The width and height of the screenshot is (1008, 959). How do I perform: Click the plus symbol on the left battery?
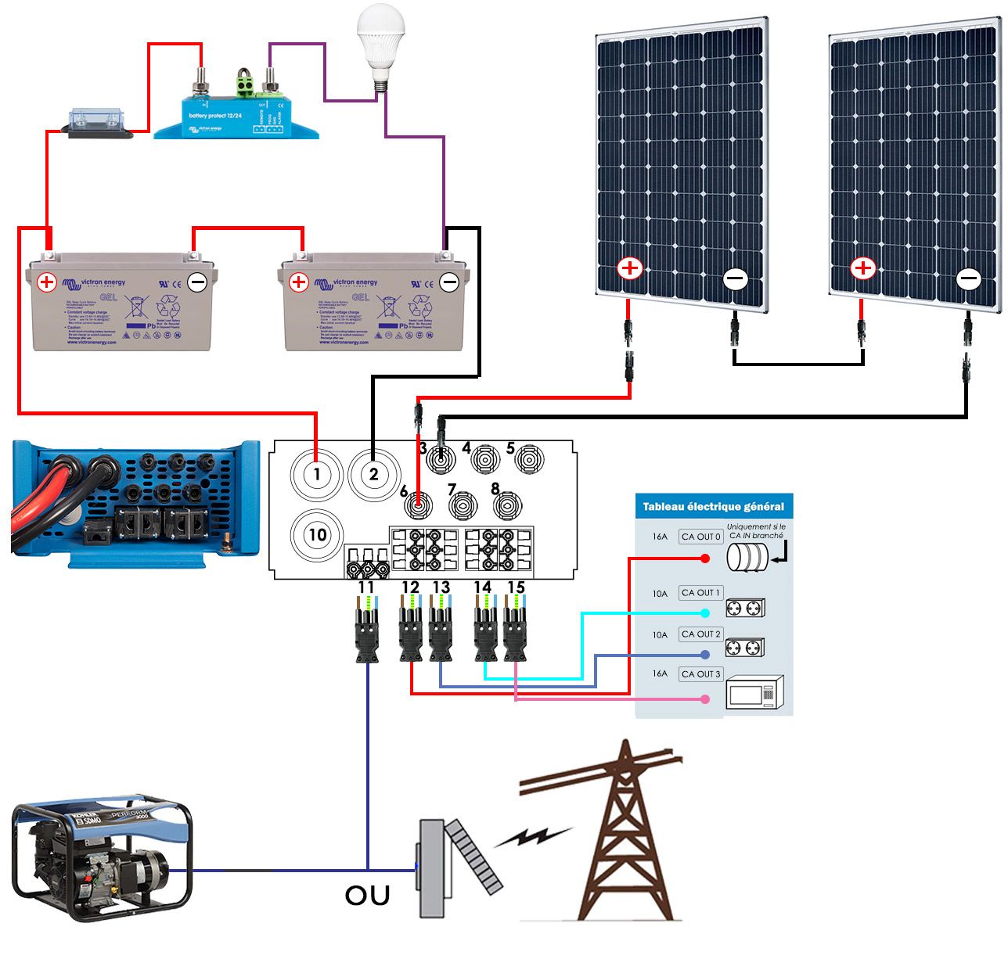click(47, 282)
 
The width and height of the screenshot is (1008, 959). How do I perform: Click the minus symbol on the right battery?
click(449, 282)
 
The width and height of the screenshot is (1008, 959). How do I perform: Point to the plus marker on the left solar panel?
click(629, 269)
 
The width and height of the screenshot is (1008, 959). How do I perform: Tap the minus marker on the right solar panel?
click(968, 278)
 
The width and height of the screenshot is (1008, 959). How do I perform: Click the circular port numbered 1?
click(317, 474)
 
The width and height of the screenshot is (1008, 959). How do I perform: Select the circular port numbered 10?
click(317, 535)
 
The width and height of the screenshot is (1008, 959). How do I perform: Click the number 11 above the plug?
click(365, 587)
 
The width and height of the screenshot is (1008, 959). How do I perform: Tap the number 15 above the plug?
click(516, 587)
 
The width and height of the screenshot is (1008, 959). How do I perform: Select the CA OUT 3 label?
click(700, 673)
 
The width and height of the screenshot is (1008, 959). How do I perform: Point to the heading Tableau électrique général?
click(713, 506)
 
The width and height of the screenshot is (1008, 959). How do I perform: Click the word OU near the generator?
click(367, 896)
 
